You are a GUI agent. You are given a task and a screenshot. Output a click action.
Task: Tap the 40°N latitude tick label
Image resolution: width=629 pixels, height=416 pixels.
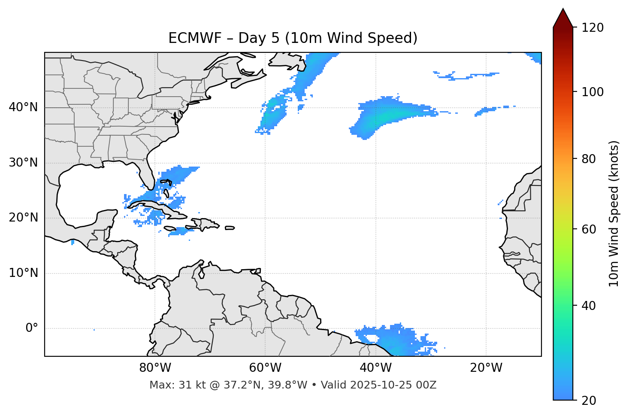(x=23, y=107)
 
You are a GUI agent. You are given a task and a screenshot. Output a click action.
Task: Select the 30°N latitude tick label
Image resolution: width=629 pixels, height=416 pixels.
(x=23, y=163)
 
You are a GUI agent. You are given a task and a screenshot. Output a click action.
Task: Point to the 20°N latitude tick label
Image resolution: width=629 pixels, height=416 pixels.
(x=23, y=218)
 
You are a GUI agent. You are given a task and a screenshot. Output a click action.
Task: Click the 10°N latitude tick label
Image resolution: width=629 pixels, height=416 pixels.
(x=23, y=273)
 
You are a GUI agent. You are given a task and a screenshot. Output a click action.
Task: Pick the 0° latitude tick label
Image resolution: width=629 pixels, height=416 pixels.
(x=32, y=328)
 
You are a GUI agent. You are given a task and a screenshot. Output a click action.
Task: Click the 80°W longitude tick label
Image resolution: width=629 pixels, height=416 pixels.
(x=155, y=368)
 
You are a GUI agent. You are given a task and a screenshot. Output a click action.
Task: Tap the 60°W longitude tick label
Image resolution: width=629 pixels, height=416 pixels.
(x=265, y=368)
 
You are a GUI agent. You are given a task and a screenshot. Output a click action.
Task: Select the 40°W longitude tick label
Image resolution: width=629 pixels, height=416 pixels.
(x=375, y=368)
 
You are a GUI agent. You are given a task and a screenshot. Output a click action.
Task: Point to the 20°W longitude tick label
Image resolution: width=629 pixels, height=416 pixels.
(x=486, y=368)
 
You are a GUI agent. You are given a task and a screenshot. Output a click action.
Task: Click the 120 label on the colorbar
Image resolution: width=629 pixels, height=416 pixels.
(x=593, y=28)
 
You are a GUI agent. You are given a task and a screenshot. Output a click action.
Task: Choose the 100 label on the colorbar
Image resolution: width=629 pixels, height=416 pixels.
(x=593, y=92)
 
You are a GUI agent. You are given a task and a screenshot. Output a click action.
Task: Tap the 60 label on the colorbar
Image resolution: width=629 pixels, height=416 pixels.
(x=590, y=229)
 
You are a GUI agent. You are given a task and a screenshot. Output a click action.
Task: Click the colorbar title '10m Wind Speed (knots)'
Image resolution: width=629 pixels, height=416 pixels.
(x=614, y=213)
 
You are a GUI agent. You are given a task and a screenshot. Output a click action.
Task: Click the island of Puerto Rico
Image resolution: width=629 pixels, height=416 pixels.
(x=230, y=228)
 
